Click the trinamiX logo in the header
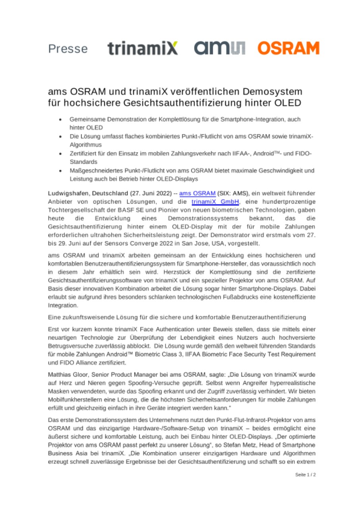pyautogui.click(x=142, y=48)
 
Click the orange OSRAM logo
pyautogui.click(x=288, y=48)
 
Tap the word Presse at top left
pyautogui.click(x=68, y=49)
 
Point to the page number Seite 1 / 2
pyautogui.click(x=305, y=474)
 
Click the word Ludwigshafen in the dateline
pyautogui.click(x=68, y=194)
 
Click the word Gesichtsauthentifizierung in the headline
pyautogui.click(x=167, y=103)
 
